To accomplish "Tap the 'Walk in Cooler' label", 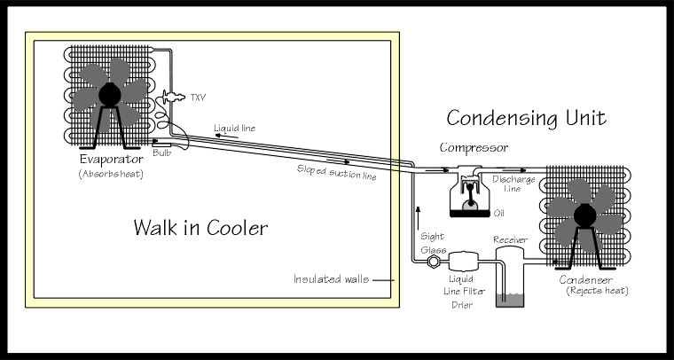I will click(200, 227).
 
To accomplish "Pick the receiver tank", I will click(510, 275).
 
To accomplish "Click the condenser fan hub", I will click(585, 213).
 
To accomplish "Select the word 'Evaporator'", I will click(108, 160).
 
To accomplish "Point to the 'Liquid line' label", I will click(234, 129).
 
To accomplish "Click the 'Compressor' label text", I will click(474, 148).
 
